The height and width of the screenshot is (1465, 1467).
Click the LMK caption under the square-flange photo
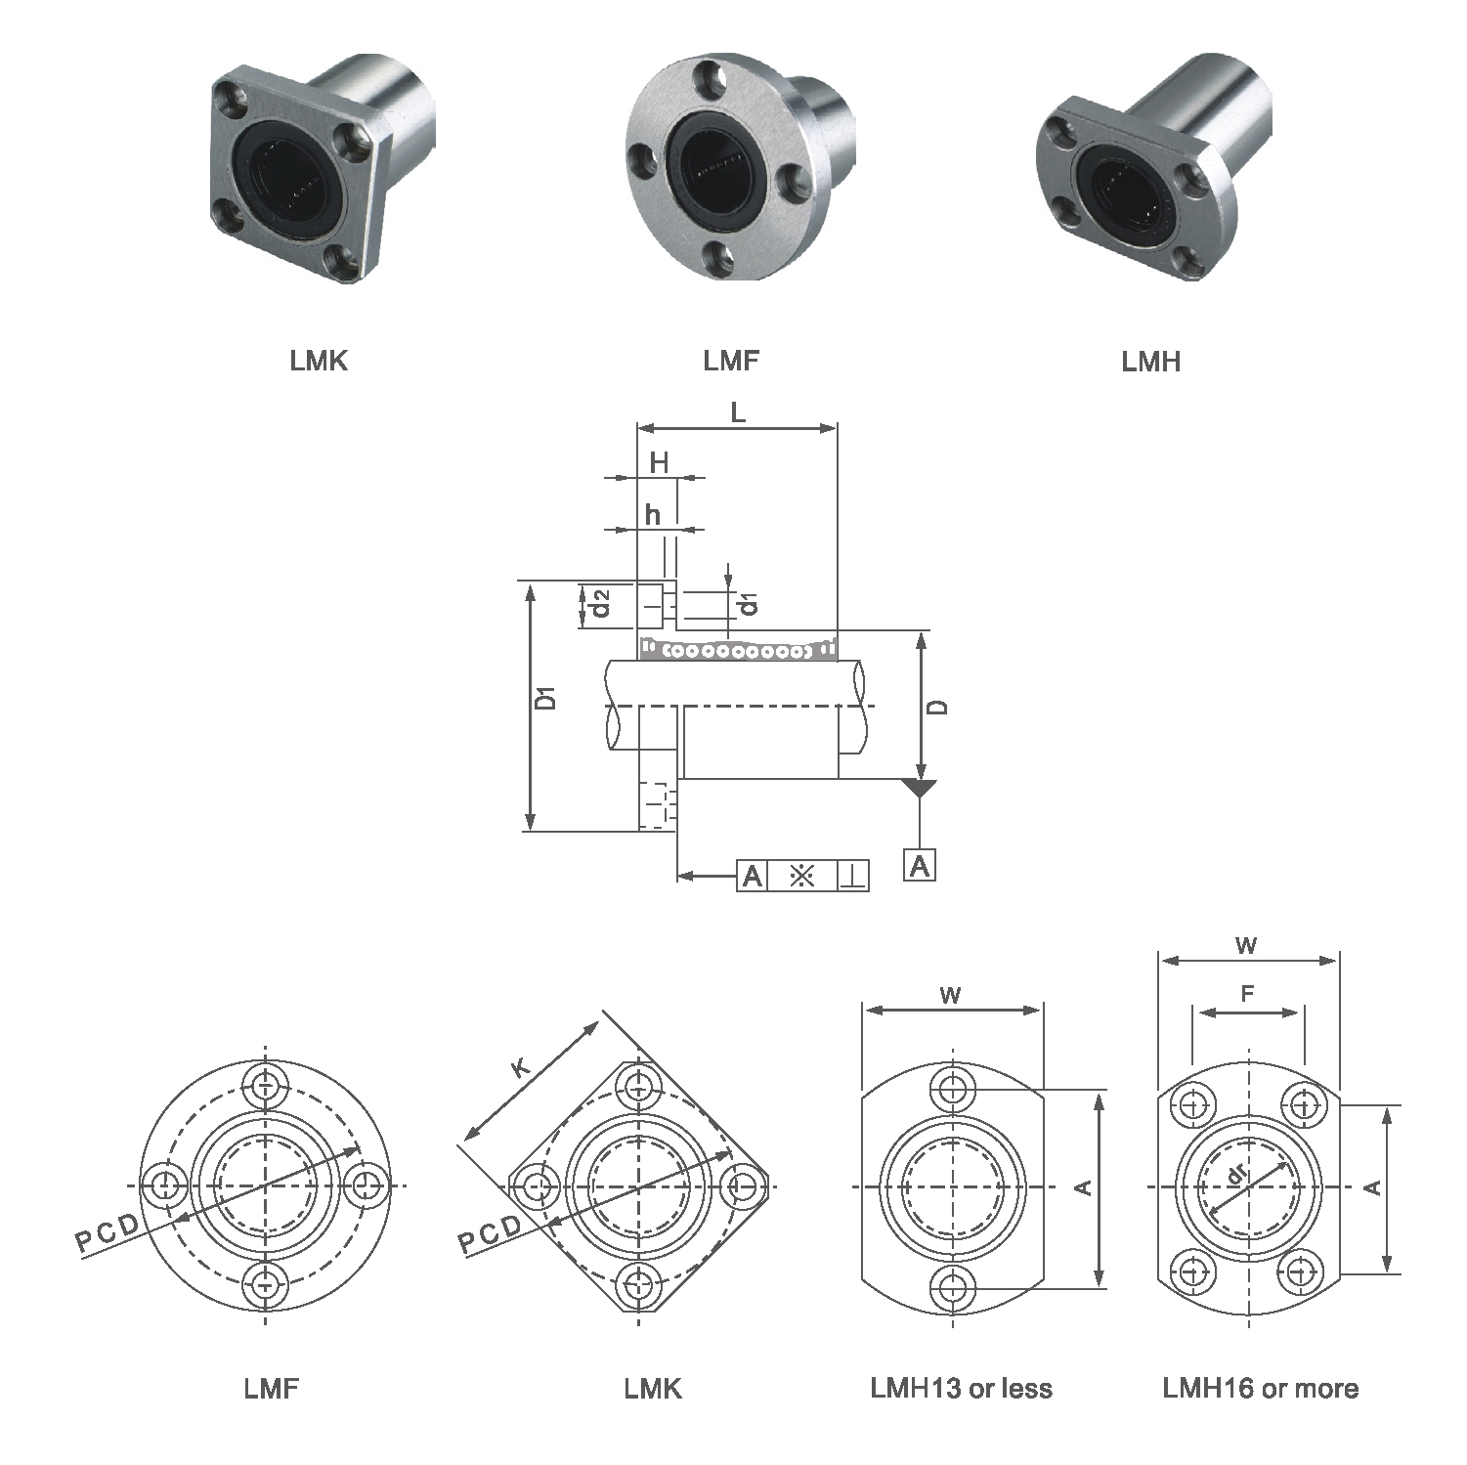(319, 361)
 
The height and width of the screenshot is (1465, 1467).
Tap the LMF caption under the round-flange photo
(731, 361)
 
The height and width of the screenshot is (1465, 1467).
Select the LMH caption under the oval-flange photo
(1150, 362)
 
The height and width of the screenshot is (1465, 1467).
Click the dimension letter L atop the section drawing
(738, 412)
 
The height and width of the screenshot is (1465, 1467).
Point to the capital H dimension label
(660, 462)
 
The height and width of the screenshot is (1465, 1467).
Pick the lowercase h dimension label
(653, 514)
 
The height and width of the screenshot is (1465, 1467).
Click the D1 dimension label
(547, 699)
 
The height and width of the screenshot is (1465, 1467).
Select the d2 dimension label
(601, 603)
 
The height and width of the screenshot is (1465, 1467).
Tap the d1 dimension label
(749, 604)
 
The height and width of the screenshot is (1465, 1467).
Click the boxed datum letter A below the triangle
(920, 866)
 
